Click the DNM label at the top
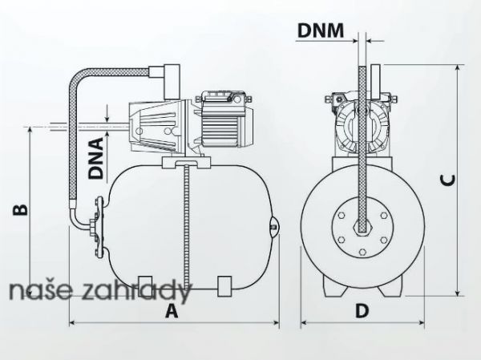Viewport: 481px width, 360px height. (321, 30)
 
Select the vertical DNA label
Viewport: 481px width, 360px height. (95, 159)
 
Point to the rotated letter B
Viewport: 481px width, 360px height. (20, 209)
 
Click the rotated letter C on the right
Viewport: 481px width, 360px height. (447, 180)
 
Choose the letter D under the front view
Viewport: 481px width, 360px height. (362, 310)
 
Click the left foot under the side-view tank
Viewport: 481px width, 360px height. (145, 286)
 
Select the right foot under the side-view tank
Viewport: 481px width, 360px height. (224, 286)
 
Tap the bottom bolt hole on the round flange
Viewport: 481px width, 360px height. (362, 252)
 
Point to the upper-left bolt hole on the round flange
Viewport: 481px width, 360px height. (342, 216)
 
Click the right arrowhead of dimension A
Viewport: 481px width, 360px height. (277, 322)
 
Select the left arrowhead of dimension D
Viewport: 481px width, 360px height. (304, 322)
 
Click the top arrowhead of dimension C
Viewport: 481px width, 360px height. (458, 68)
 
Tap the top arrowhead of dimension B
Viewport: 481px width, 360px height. (30, 130)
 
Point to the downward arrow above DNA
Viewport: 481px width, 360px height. (107, 113)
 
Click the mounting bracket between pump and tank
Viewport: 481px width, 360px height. (186, 163)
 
